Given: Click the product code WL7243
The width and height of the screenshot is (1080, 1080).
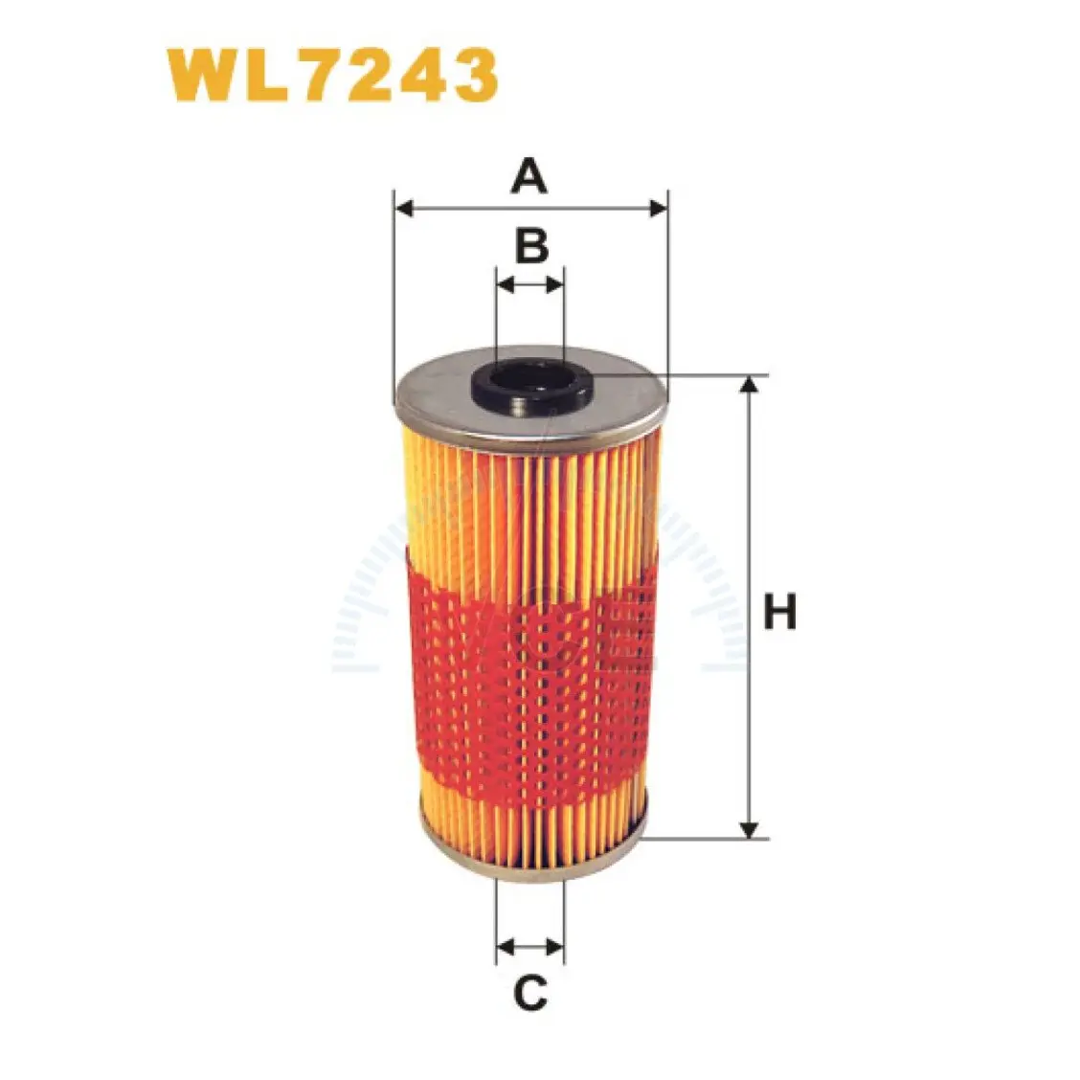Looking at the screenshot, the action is click(332, 75).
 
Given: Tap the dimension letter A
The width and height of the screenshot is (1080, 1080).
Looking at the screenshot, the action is click(529, 175).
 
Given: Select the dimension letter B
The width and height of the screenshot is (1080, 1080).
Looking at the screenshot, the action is click(531, 245).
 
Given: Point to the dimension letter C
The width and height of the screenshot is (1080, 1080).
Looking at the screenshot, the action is click(530, 993).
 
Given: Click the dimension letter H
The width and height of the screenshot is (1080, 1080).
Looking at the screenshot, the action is click(779, 612).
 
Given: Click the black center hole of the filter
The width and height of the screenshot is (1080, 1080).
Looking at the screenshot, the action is click(531, 387).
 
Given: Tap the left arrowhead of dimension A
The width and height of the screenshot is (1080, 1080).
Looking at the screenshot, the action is click(405, 208).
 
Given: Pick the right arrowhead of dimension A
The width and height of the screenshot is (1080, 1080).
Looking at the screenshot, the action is click(658, 208).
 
